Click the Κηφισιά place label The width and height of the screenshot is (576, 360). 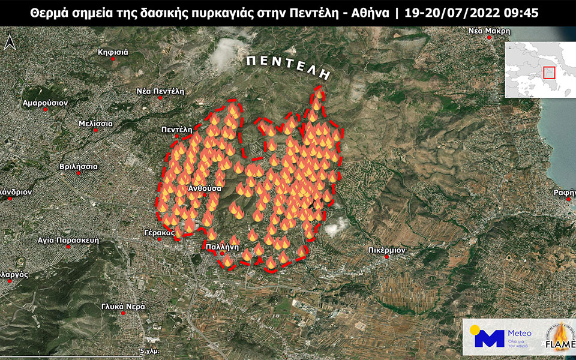tap(113, 52)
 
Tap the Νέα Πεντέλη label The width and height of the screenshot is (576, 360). tap(160, 91)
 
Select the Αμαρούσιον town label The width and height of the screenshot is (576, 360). tap(45, 103)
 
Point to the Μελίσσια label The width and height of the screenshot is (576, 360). tap(95, 123)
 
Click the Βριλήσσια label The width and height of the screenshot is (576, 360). tap(79, 166)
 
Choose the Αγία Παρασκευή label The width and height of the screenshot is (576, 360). tap(68, 239)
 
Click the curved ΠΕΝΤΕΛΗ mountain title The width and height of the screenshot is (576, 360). tap(288, 65)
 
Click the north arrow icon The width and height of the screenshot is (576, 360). tap(10, 43)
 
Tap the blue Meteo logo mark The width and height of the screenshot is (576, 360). tap(489, 338)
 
